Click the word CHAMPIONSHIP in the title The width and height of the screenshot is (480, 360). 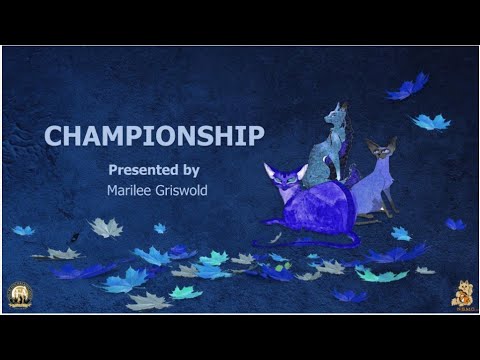pos(154,135)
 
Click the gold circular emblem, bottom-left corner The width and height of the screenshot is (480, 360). pos(18,294)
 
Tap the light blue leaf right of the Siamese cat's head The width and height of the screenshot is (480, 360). pos(431,122)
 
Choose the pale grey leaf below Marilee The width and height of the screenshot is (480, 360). pos(106,228)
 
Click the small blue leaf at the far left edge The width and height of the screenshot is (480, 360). pos(22,230)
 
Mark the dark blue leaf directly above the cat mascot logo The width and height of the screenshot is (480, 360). pos(455,224)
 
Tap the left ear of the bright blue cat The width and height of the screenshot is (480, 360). pos(270,167)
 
